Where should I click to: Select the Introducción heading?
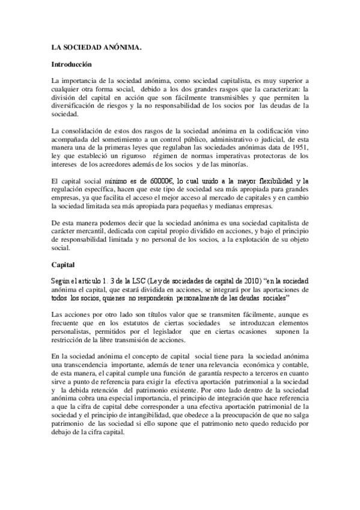[x=71, y=63]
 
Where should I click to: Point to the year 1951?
[x=298, y=154]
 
